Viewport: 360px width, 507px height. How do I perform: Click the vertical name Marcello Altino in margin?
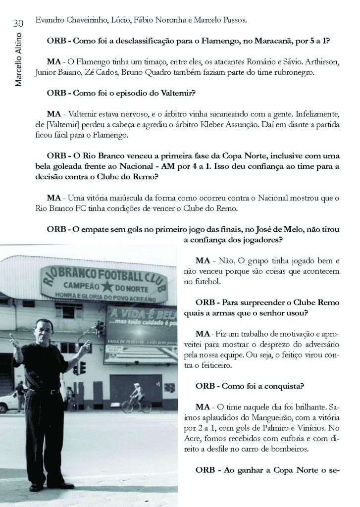tap(19, 58)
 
